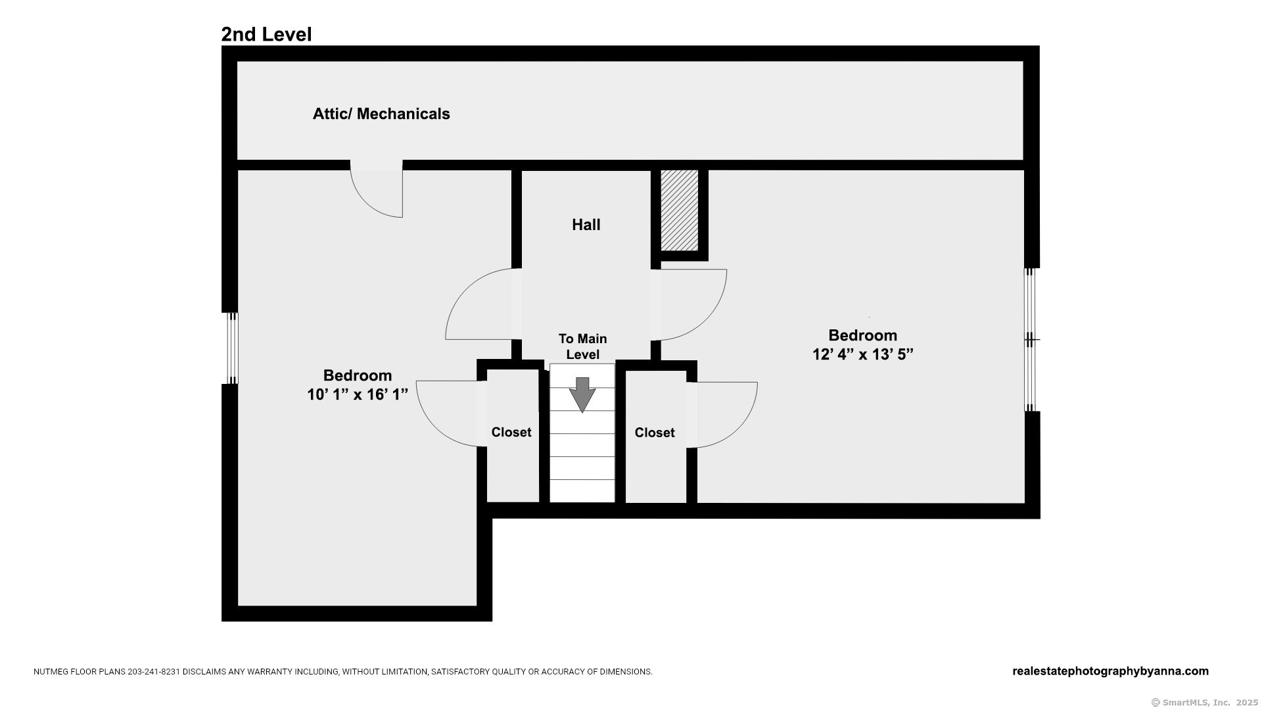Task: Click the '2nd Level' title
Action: coord(266,34)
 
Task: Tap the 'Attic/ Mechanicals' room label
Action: coord(381,114)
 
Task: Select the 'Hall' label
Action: coord(586,225)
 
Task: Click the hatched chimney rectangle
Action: coord(679,210)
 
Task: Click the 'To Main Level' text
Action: coord(583,346)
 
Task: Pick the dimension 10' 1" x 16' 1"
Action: coord(358,394)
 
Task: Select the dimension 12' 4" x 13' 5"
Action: coord(863,354)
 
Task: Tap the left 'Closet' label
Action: coord(511,432)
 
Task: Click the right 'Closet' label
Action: coord(655,433)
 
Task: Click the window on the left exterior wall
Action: coord(232,348)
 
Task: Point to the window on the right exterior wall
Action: coord(1031,339)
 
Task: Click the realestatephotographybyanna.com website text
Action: coord(1110,671)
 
